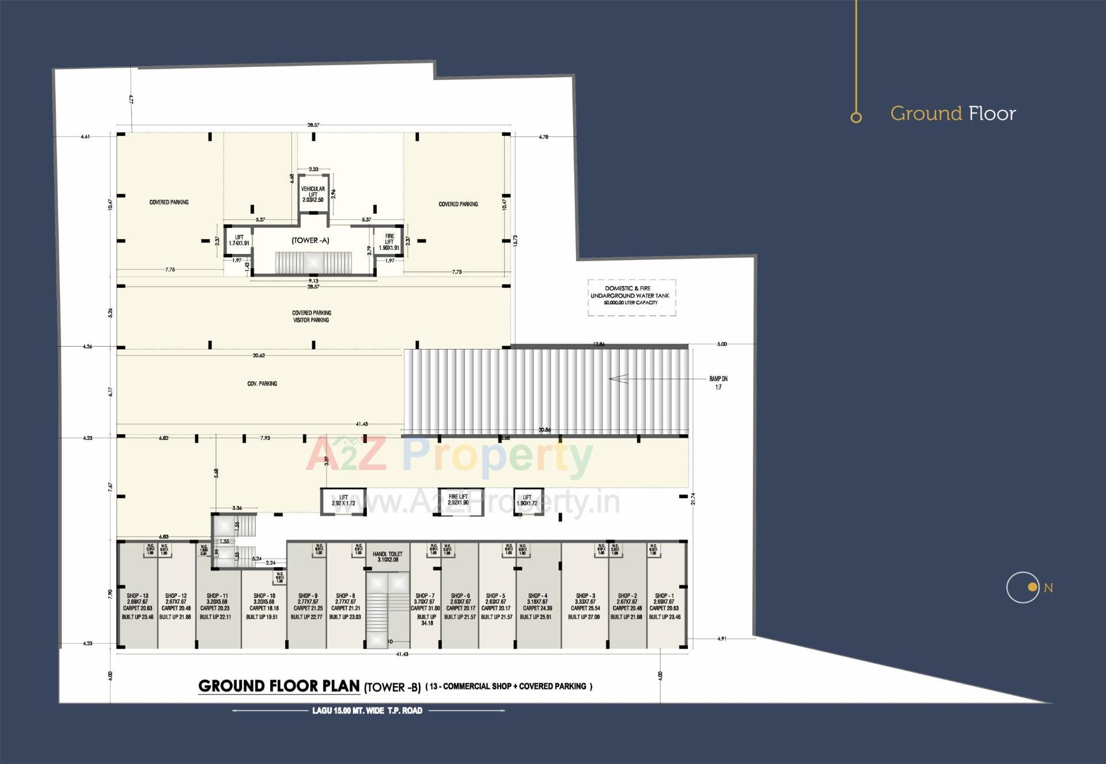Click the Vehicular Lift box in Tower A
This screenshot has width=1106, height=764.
[313, 194]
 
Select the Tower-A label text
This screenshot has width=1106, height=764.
[310, 241]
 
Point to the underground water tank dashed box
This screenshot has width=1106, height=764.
[631, 297]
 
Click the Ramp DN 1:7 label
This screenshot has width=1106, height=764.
[718, 383]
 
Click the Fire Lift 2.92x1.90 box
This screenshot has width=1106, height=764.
[459, 500]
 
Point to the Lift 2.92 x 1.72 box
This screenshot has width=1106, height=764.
[343, 500]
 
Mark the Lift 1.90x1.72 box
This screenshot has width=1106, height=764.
[527, 500]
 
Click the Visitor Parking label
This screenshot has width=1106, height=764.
[311, 320]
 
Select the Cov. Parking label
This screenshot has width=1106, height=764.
[262, 383]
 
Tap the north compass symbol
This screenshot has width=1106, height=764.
[1024, 588]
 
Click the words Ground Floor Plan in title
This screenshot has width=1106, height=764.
[279, 686]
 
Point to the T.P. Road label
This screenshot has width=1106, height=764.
[367, 711]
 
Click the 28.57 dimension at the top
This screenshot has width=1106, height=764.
[313, 125]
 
